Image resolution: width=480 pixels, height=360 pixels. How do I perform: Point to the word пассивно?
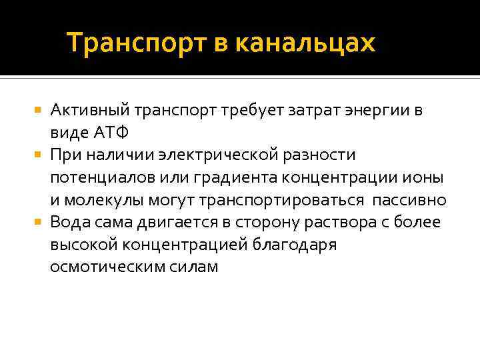409,200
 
